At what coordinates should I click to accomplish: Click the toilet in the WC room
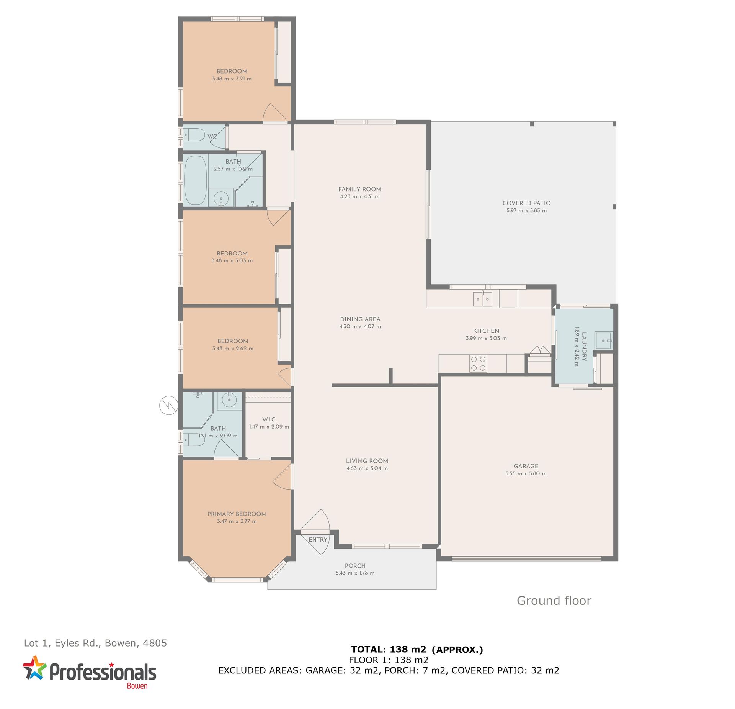[x=194, y=135]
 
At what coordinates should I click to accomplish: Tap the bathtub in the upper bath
[x=196, y=180]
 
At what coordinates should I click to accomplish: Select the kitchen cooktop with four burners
[x=478, y=364]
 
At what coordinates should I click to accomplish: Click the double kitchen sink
[x=482, y=299]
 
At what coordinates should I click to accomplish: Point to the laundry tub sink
[x=604, y=340]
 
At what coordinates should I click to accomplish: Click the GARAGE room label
[x=526, y=466]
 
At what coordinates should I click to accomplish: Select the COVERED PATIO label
[x=526, y=203]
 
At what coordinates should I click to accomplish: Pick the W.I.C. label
[x=269, y=419]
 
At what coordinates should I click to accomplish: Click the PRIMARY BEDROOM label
[x=237, y=514]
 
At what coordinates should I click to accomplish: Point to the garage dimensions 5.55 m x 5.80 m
[x=526, y=473]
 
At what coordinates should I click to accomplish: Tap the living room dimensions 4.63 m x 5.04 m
[x=367, y=468]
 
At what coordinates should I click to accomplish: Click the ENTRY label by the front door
[x=318, y=539]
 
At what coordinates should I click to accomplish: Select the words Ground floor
[x=554, y=600]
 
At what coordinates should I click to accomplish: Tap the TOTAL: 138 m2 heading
[x=389, y=649]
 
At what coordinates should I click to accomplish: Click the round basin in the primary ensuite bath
[x=229, y=400]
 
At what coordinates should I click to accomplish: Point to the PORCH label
[x=355, y=566]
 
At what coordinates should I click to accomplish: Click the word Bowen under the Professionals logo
[x=137, y=686]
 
